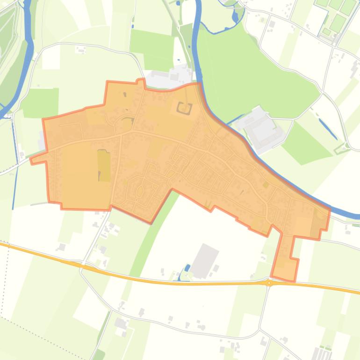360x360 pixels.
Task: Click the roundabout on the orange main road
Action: tap(269, 283)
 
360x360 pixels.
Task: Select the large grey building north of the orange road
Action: tap(205, 260)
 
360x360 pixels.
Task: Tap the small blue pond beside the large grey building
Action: tap(187, 268)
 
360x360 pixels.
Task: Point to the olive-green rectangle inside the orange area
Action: tap(103, 166)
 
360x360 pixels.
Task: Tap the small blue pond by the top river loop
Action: tap(235, 18)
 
